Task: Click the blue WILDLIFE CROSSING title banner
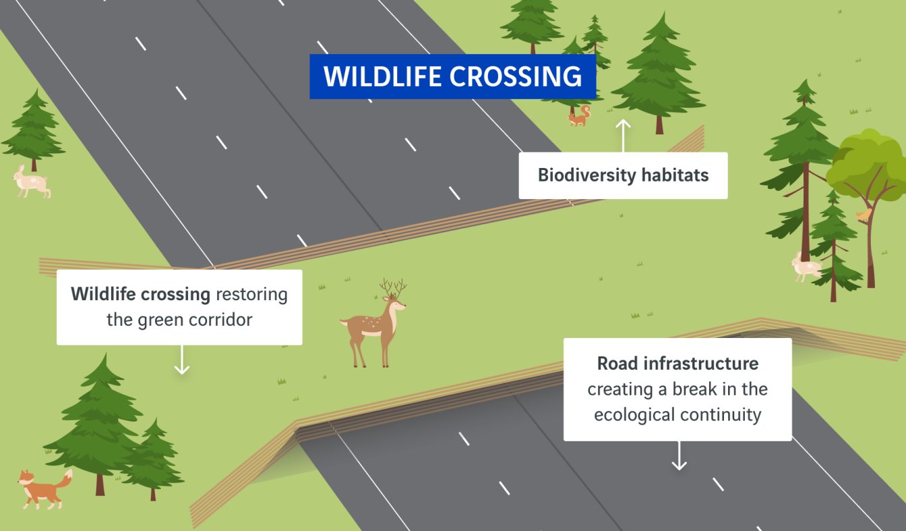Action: pyautogui.click(x=452, y=76)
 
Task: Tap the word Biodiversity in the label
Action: pyautogui.click(x=587, y=175)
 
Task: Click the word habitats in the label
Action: pyautogui.click(x=675, y=175)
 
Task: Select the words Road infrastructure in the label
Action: pyautogui.click(x=677, y=363)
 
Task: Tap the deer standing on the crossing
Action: pyautogui.click(x=373, y=323)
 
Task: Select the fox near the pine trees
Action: pyautogui.click(x=44, y=489)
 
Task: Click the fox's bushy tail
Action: pyautogui.click(x=65, y=482)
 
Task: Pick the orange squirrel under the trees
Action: pyautogui.click(x=580, y=116)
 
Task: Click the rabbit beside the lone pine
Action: pyautogui.click(x=31, y=181)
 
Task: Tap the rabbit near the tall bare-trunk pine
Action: pyautogui.click(x=806, y=267)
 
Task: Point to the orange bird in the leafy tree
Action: pyautogui.click(x=864, y=214)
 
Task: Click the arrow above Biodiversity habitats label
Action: pyautogui.click(x=623, y=136)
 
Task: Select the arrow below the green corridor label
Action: pyautogui.click(x=181, y=360)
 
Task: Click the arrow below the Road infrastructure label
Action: pyautogui.click(x=679, y=455)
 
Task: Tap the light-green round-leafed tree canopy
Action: pyautogui.click(x=868, y=166)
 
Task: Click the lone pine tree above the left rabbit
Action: pyautogui.click(x=34, y=130)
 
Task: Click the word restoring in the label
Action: pyautogui.click(x=251, y=295)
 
